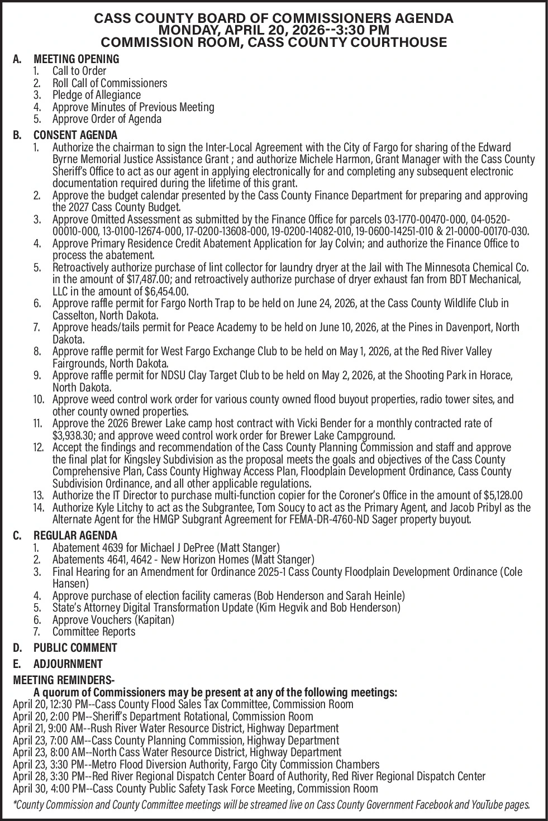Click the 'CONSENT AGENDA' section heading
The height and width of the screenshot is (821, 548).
click(75, 135)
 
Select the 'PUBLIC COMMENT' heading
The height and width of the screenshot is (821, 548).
click(75, 648)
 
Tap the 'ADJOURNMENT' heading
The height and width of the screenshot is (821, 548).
click(68, 664)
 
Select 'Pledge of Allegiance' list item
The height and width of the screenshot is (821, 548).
click(96, 95)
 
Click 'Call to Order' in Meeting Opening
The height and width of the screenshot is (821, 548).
click(79, 71)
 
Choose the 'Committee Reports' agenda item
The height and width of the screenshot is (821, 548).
click(94, 632)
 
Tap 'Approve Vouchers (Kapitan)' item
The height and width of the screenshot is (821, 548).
click(113, 619)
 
